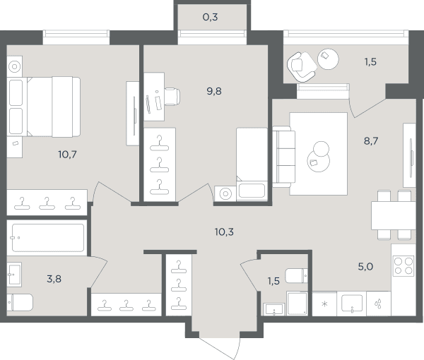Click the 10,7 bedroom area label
[67, 155]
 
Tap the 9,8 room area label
[214, 91]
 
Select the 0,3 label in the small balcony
[210, 17]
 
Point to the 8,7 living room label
[371, 141]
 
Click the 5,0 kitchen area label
[365, 267]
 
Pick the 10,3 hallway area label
[224, 232]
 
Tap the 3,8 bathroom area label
[54, 279]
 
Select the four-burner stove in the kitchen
[404, 265]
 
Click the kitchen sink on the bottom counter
[352, 304]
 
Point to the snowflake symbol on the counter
[324, 304]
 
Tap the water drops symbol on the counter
[378, 304]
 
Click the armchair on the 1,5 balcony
[301, 66]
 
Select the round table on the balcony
[328, 59]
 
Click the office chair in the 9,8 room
[172, 97]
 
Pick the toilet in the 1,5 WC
[297, 275]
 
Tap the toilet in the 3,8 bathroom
[20, 302]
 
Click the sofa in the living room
[283, 157]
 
